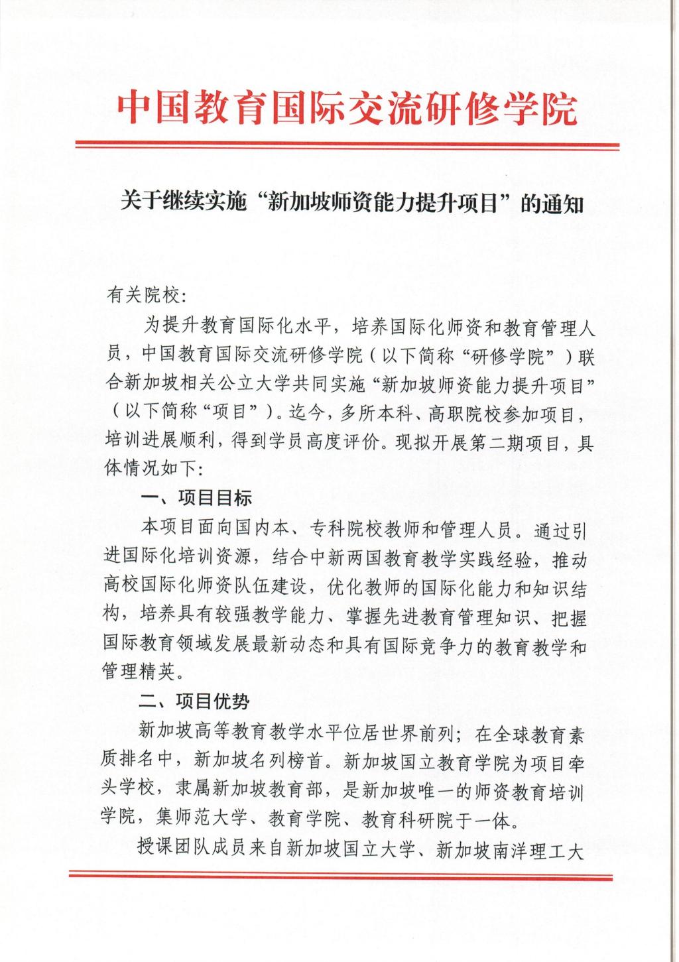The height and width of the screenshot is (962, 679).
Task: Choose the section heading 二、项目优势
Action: [x=194, y=701]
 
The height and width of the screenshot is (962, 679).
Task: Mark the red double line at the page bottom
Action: [x=340, y=876]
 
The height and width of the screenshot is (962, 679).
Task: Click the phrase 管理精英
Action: [x=141, y=672]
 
